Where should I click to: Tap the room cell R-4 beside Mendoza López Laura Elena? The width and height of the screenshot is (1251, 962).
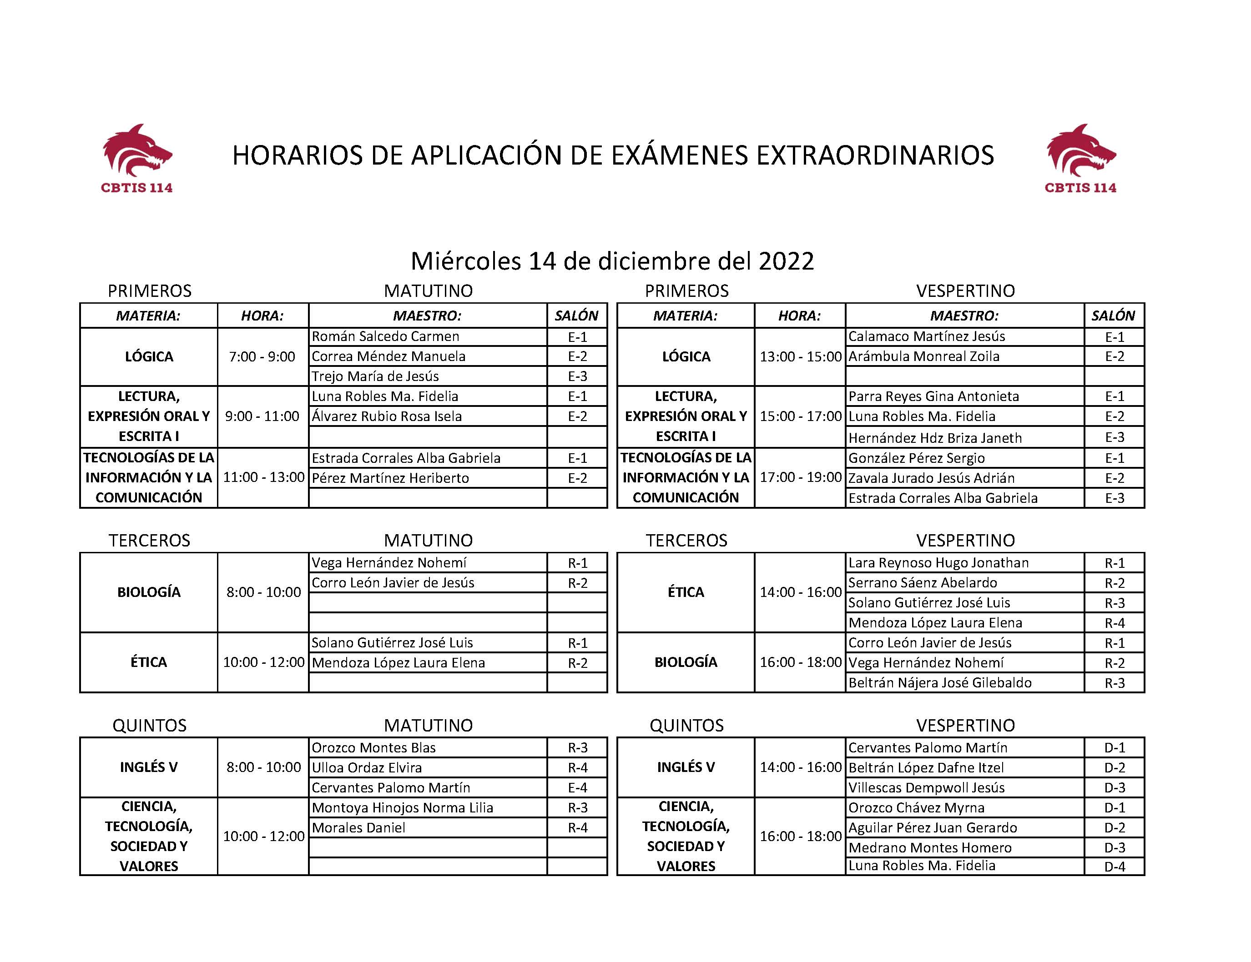point(1114,623)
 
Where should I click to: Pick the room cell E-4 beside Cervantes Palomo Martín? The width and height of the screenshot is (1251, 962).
point(577,788)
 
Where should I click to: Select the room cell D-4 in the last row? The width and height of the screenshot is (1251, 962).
point(1114,867)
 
